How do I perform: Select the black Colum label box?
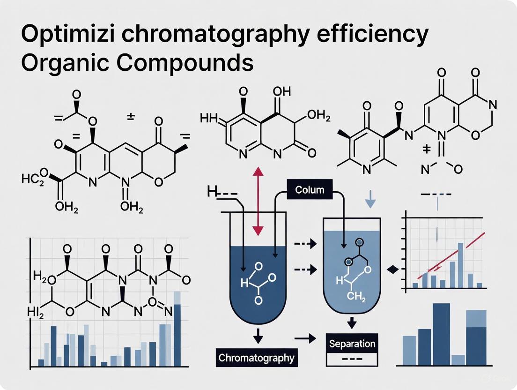coord(309,190)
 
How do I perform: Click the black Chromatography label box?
coord(257,358)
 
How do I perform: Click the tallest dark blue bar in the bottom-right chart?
coord(441,334)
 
